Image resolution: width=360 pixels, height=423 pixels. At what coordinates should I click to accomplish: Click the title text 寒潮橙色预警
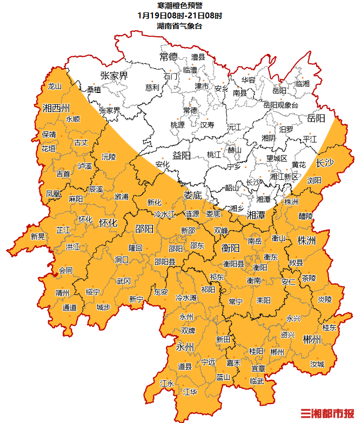(179, 5)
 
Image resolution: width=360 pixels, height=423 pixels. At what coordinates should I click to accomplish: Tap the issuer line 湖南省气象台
(179, 25)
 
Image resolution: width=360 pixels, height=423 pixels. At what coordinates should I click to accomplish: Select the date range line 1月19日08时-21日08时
(179, 15)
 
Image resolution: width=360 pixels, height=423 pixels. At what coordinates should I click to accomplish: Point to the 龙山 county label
(55, 86)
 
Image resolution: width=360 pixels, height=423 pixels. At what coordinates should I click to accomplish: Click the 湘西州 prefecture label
(56, 107)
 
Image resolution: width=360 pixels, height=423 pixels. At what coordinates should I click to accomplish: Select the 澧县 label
(198, 57)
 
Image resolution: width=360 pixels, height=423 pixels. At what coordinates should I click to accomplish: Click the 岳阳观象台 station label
(281, 105)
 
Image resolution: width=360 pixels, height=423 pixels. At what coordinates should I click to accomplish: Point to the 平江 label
(310, 139)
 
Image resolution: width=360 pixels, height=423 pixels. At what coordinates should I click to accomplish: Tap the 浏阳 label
(314, 180)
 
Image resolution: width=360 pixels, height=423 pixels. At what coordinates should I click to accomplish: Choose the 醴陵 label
(305, 216)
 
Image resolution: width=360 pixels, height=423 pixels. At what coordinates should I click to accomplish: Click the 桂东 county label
(329, 327)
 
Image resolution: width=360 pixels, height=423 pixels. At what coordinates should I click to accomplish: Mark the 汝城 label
(317, 364)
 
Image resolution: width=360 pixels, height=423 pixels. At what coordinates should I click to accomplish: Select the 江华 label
(190, 391)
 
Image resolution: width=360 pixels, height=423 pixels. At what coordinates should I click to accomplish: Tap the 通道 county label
(70, 307)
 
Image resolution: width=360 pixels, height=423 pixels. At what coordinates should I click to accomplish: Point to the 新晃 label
(37, 236)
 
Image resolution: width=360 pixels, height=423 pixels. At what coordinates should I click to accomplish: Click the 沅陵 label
(109, 157)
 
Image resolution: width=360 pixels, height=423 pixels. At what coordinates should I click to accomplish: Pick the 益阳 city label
(182, 156)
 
